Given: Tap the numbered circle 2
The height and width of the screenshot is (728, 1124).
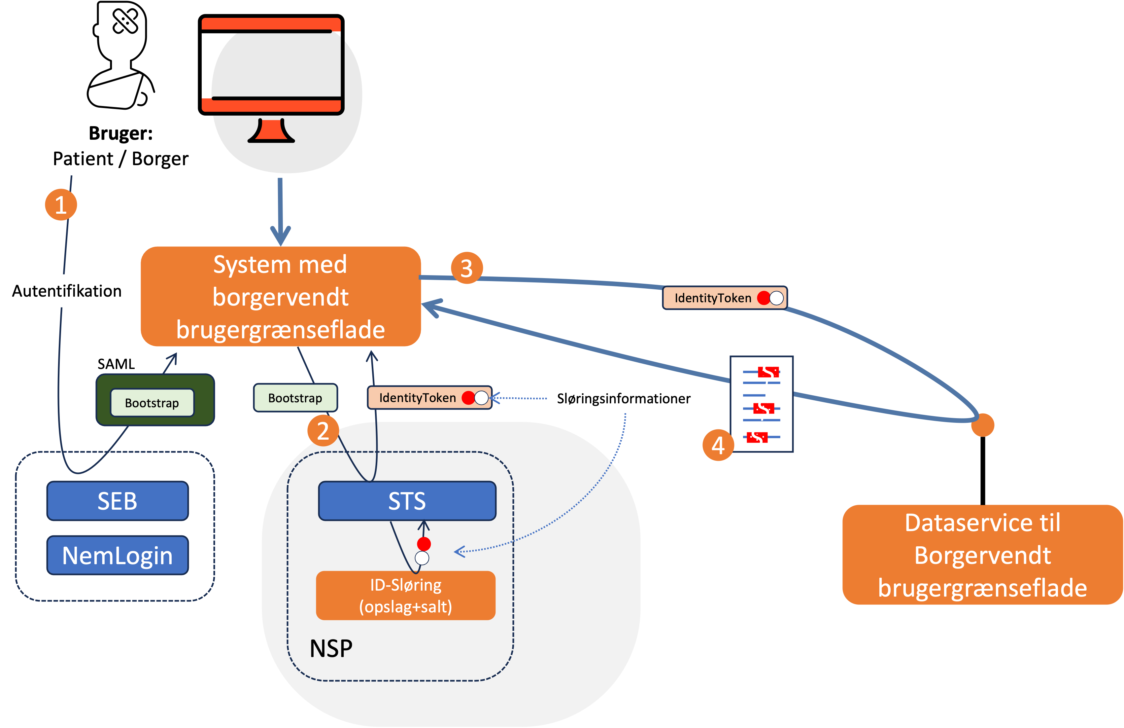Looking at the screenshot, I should [323, 430].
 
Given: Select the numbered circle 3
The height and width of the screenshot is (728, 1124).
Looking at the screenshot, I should [467, 268].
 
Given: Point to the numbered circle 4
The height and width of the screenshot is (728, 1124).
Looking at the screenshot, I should [718, 445].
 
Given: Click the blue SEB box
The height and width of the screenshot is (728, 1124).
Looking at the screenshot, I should [118, 501].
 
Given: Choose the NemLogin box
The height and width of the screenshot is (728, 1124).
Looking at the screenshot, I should [118, 555].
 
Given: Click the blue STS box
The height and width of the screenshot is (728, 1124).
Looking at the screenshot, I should [407, 501].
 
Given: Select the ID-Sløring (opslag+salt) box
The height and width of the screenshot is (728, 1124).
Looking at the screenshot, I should [406, 595].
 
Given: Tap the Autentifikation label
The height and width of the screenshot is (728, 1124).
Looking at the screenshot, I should [67, 291].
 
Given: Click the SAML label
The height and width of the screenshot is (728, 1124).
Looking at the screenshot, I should [116, 363].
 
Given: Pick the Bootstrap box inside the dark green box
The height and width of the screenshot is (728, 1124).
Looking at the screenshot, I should [152, 403].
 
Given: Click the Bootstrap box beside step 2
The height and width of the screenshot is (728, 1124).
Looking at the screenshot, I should [295, 398].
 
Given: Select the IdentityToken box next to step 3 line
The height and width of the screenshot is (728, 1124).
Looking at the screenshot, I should [725, 298].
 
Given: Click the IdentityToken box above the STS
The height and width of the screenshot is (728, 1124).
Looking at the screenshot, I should [429, 398].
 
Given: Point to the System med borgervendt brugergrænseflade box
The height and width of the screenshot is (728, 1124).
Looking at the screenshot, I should [281, 297].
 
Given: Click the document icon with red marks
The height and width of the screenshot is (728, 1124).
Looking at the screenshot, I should [761, 404].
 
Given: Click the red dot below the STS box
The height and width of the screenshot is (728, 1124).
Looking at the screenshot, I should [424, 544].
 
